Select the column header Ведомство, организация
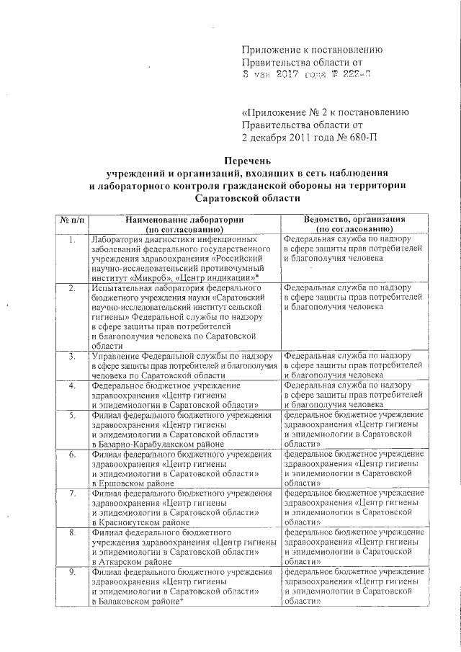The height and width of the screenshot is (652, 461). tap(354, 218)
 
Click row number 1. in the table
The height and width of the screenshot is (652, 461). tap(72, 238)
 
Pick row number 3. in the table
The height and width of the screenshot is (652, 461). tap(72, 356)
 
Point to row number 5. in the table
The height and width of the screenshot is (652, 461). tap(72, 415)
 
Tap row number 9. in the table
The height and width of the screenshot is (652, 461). tap(72, 572)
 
